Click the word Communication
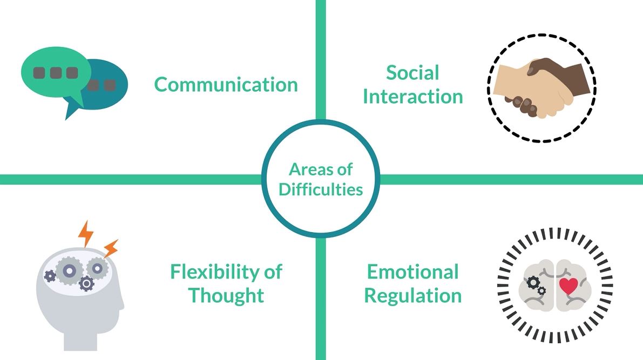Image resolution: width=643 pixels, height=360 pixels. pyautogui.click(x=226, y=85)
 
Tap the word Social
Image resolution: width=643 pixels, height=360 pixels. pyautogui.click(x=412, y=73)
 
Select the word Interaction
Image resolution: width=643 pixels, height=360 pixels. pyautogui.click(x=412, y=97)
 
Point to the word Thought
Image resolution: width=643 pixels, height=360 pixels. pyautogui.click(x=226, y=295)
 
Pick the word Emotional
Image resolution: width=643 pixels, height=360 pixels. pyautogui.click(x=412, y=271)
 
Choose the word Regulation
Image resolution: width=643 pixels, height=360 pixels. pyautogui.click(x=412, y=295)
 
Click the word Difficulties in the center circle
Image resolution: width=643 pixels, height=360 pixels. pyautogui.click(x=321, y=190)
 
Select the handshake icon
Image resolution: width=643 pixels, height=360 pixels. pyautogui.click(x=542, y=89)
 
